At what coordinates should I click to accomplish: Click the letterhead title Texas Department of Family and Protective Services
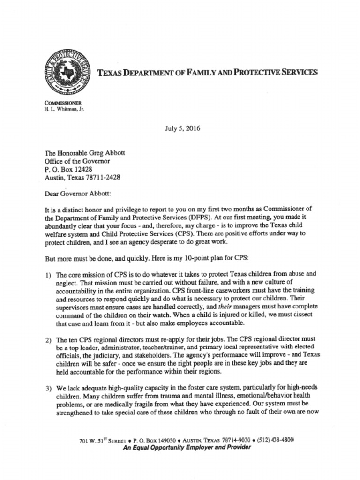click(x=207, y=72)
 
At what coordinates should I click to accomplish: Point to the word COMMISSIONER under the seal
click(x=63, y=103)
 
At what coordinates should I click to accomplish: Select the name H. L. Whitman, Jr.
click(x=64, y=109)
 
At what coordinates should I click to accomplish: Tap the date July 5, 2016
click(x=182, y=128)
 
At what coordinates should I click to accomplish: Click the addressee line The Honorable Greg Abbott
click(x=85, y=153)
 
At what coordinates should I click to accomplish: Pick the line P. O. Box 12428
click(x=68, y=169)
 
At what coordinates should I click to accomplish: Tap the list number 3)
click(x=48, y=388)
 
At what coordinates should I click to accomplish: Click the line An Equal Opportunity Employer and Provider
click(x=187, y=447)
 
